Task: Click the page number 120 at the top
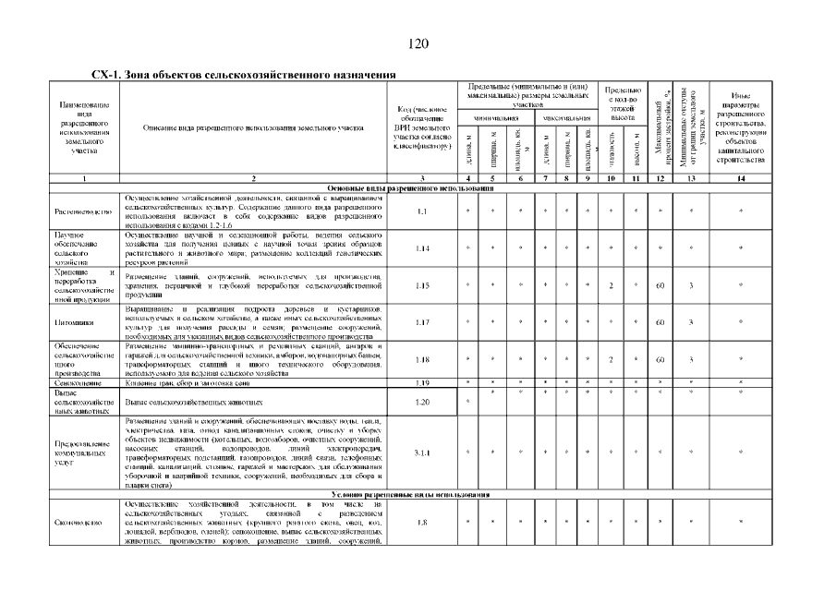pyautogui.click(x=418, y=43)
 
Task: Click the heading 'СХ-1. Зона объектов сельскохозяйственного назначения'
pyautogui.click(x=243, y=74)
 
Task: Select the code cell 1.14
pyautogui.click(x=423, y=248)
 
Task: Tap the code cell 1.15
pyautogui.click(x=423, y=286)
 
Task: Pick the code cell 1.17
pyautogui.click(x=423, y=322)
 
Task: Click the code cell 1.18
pyautogui.click(x=423, y=360)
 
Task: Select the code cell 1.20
pyautogui.click(x=423, y=403)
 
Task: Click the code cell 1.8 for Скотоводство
pyautogui.click(x=423, y=523)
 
